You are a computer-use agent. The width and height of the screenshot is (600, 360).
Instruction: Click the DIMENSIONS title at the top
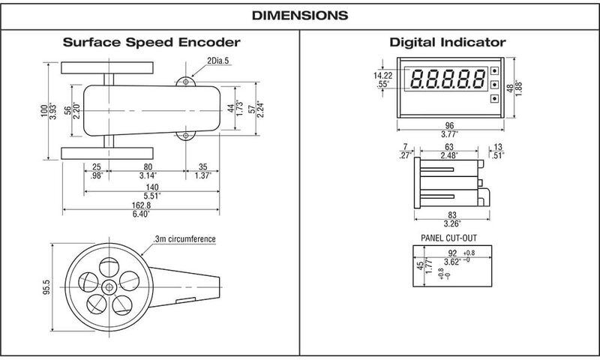[x=300, y=15]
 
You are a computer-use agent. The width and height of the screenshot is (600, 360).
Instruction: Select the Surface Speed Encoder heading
[x=151, y=42]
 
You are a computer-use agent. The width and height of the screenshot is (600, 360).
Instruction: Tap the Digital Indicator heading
[x=448, y=42]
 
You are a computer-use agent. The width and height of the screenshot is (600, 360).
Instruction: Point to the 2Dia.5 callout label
[x=217, y=61]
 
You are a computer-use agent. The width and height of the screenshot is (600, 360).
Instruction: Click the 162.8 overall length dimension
[x=141, y=205]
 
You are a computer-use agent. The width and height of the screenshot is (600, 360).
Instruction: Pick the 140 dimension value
[x=152, y=187]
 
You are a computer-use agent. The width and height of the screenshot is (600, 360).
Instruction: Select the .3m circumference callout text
[x=184, y=239]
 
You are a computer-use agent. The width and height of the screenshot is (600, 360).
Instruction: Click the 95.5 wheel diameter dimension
[x=46, y=287]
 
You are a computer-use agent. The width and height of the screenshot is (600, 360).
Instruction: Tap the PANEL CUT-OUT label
[x=448, y=238]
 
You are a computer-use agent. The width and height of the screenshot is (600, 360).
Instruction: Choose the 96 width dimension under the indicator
[x=449, y=125]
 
